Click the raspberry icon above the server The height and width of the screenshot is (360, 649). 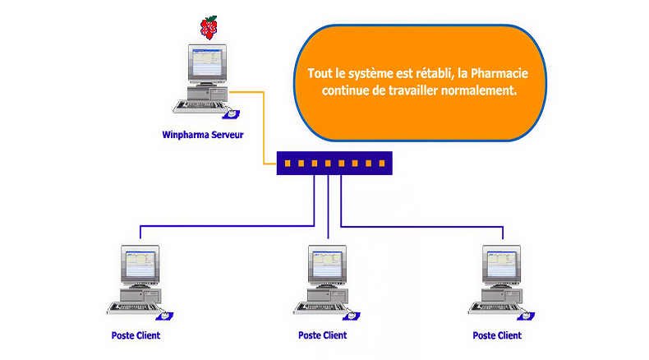pyautogui.click(x=210, y=27)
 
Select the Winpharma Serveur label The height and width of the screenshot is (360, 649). pyautogui.click(x=203, y=133)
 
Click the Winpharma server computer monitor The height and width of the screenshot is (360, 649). pyautogui.click(x=203, y=66)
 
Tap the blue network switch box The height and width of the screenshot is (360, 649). pyautogui.click(x=334, y=163)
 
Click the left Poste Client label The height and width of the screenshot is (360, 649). pyautogui.click(x=136, y=335)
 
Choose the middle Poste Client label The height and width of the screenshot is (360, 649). pyautogui.click(x=322, y=335)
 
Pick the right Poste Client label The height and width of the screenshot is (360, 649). pyautogui.click(x=497, y=335)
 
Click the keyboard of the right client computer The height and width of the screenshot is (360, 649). pyautogui.click(x=490, y=308)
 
